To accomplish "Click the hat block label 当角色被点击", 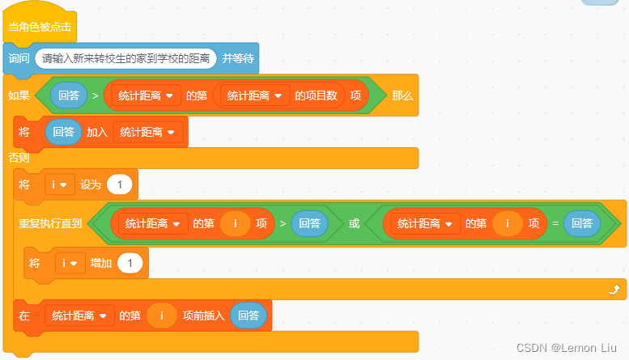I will tap(40, 27).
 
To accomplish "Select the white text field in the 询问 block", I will tap(125, 58).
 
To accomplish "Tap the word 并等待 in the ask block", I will tap(238, 58).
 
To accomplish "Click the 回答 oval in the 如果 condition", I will tap(68, 95).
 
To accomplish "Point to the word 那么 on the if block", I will tap(402, 95).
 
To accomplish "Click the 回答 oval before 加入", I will tap(63, 132).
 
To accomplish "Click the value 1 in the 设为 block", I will tap(120, 184).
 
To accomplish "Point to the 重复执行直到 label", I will tap(50, 223).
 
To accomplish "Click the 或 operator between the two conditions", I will tap(354, 223).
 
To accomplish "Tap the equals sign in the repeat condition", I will tap(555, 223).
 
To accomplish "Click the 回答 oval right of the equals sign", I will tap(582, 223).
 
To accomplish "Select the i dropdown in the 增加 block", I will tap(69, 263).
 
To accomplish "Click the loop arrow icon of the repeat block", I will tap(613, 288).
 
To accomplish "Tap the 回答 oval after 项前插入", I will tap(249, 316).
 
